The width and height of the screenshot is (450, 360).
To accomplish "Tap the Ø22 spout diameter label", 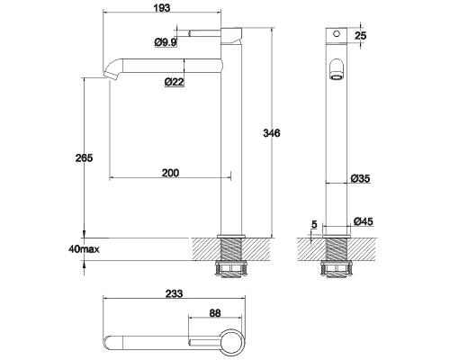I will (x=175, y=84).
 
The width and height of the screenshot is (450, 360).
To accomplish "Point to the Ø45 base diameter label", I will (x=363, y=221).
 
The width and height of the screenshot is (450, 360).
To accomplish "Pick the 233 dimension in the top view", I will (x=175, y=293).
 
